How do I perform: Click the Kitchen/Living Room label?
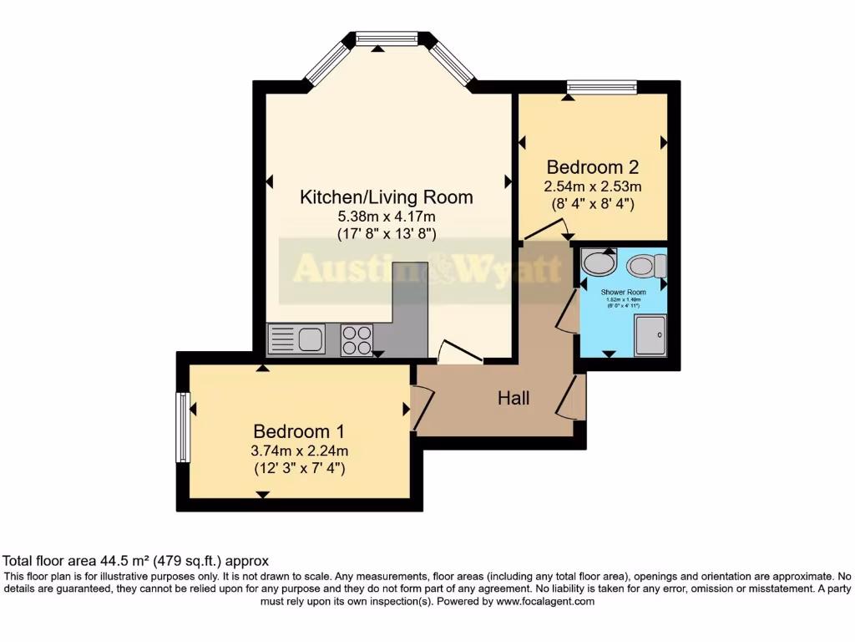(386, 198)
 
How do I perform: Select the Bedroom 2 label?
(593, 166)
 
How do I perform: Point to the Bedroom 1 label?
(299, 432)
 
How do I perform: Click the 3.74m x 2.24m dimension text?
(299, 451)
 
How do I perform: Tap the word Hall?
(514, 399)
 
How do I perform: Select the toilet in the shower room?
(646, 266)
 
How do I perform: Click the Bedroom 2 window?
(601, 86)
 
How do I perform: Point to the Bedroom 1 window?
(181, 426)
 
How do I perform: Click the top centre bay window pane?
(386, 38)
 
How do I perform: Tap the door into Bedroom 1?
(422, 406)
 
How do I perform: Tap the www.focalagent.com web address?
(544, 601)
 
